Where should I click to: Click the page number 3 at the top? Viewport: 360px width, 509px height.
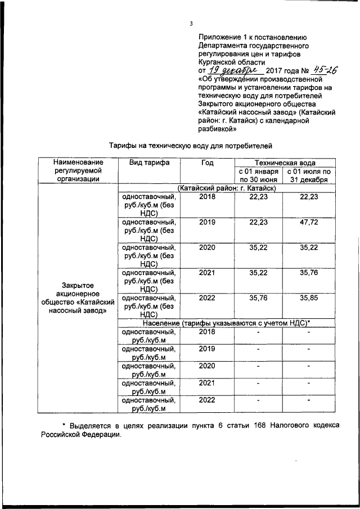coord(191,23)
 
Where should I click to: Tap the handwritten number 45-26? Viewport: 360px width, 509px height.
coord(328,70)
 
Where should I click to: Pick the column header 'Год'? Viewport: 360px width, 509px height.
coord(207,163)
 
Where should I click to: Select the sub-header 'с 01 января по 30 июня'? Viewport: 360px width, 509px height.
coord(258,175)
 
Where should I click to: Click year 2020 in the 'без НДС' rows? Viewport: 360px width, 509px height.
coord(207,247)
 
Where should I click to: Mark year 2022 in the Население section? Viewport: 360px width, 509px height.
coord(207,400)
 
